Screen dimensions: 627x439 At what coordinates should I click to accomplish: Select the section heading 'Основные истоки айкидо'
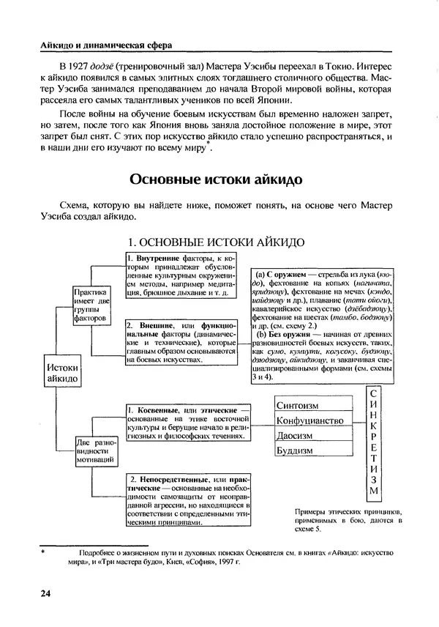(219, 179)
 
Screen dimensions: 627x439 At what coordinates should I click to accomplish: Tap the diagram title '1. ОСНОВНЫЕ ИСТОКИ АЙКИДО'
(217, 242)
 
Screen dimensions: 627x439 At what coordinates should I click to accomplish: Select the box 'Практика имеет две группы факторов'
(93, 305)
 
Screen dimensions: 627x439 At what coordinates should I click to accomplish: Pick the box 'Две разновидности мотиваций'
(94, 455)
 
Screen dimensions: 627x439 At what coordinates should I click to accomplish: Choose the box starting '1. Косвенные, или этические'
(187, 423)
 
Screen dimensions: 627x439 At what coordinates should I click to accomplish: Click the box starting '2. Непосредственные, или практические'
(187, 502)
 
